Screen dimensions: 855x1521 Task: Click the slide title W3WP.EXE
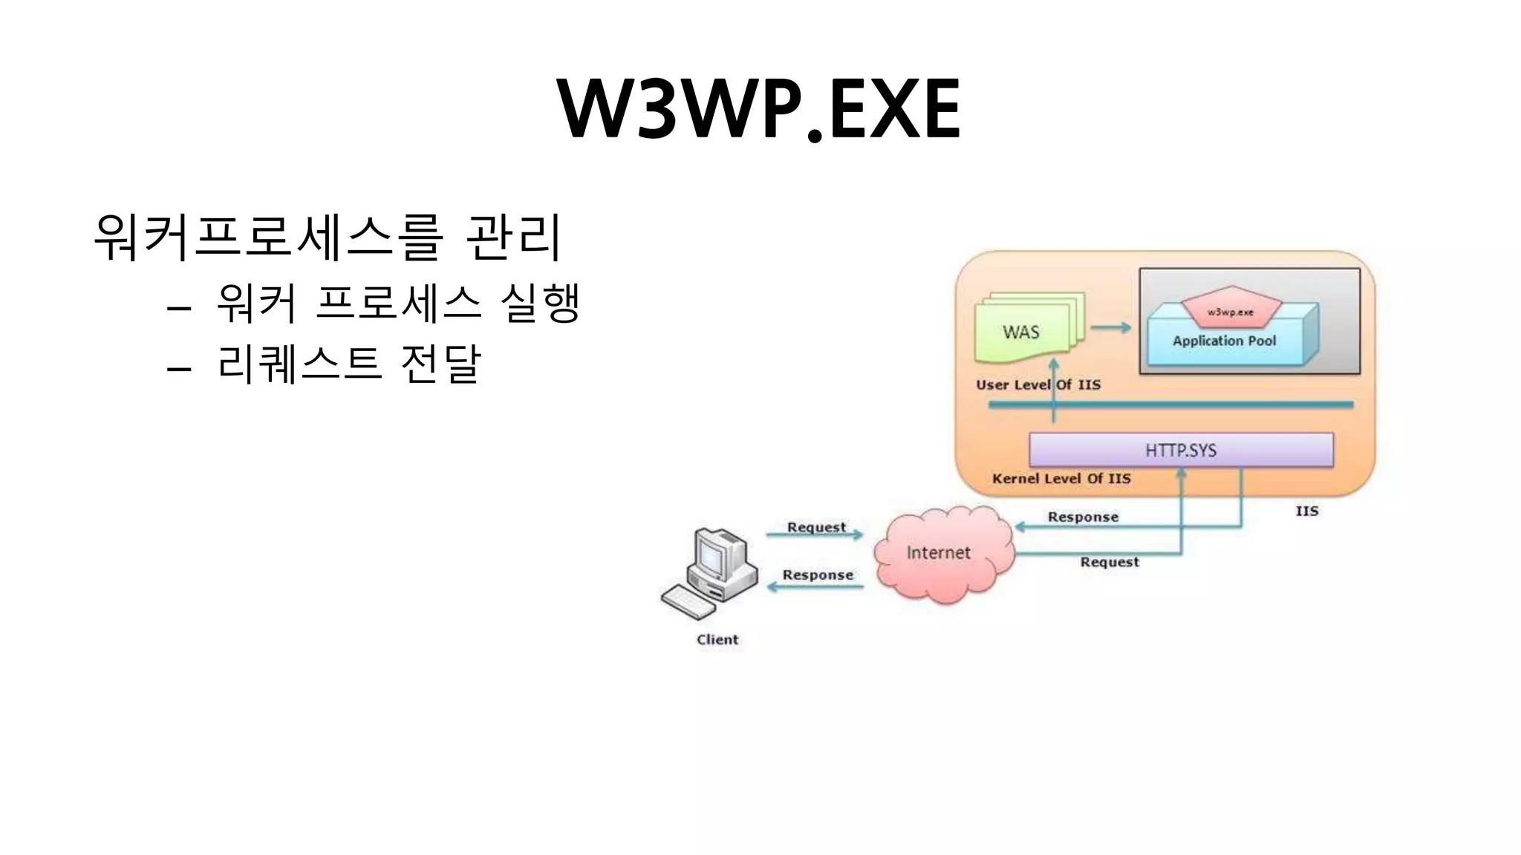(x=759, y=110)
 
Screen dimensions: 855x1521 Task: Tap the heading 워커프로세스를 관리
(x=327, y=237)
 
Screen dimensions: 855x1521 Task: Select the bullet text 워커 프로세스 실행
(x=397, y=303)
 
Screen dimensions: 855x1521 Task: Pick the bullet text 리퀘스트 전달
(x=349, y=364)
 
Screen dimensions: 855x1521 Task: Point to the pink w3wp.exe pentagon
(x=1231, y=307)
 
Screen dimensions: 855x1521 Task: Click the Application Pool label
(x=1224, y=341)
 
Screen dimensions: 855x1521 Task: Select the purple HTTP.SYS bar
(x=1181, y=451)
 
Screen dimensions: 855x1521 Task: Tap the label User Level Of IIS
(x=1038, y=385)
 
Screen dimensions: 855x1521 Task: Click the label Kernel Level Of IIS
(x=1061, y=479)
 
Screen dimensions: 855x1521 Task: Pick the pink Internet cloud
(x=939, y=553)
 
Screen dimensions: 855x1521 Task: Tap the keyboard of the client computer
(x=688, y=602)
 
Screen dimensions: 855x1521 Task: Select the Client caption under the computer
(x=717, y=640)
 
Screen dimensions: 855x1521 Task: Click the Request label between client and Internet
(x=816, y=527)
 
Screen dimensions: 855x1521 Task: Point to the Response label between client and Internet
(x=818, y=575)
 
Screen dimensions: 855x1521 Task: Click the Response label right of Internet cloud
(x=1083, y=517)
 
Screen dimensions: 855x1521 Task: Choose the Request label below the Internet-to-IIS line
(x=1109, y=563)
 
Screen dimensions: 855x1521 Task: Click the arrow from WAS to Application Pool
(x=1111, y=327)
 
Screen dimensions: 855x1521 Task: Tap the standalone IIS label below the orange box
(x=1307, y=511)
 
